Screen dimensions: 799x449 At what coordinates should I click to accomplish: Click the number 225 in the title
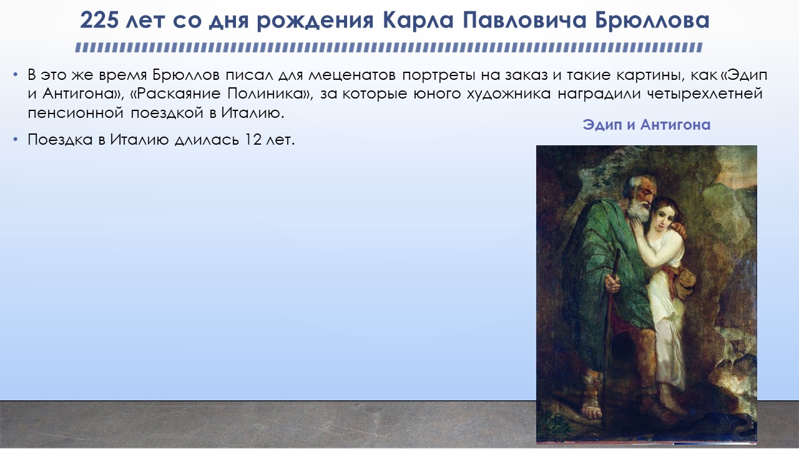[x=99, y=20]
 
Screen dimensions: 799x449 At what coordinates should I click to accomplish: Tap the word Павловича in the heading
[x=524, y=20]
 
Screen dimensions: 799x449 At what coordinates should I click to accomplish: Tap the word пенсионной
[x=76, y=113]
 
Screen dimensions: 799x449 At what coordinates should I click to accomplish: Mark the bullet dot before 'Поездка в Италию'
[x=15, y=140]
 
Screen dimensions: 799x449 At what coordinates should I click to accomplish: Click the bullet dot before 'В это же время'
[x=15, y=75]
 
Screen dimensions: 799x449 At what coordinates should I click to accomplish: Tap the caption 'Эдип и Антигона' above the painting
[x=646, y=125]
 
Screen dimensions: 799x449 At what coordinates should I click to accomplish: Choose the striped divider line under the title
[x=389, y=48]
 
